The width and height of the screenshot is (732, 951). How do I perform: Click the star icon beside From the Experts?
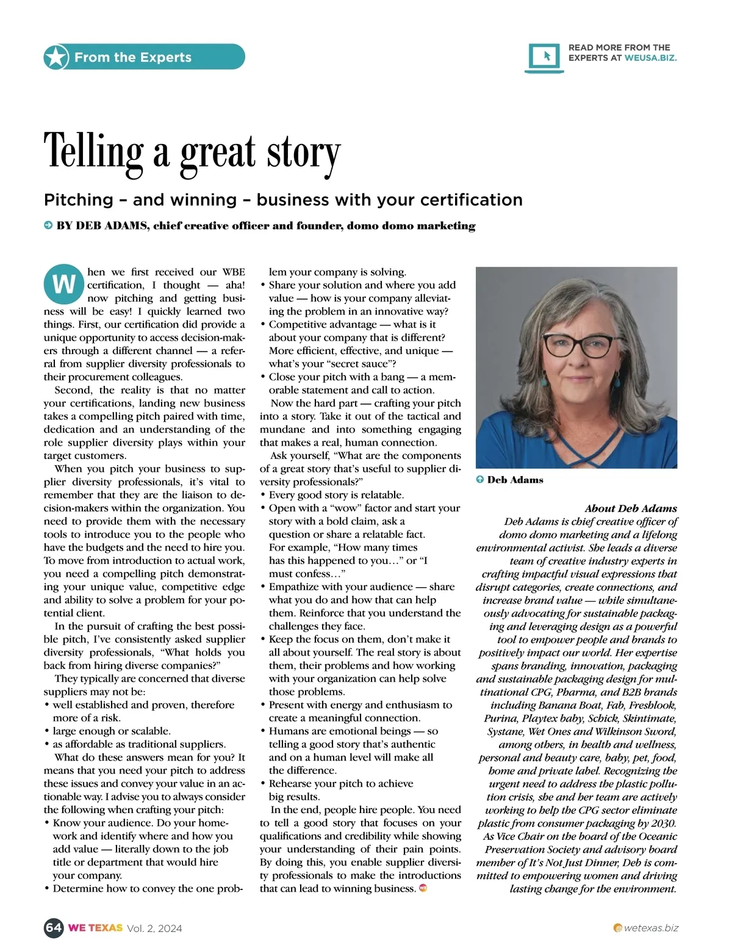coord(56,57)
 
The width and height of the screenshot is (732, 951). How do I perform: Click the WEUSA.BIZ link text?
coord(650,58)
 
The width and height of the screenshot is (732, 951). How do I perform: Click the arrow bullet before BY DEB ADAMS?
coord(48,226)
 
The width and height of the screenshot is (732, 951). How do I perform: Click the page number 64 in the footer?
coord(53,928)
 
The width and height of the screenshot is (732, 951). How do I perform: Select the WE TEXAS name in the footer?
coord(95,928)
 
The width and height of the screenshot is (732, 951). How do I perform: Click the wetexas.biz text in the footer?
coord(651,928)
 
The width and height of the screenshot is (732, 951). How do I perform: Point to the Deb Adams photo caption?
coord(515,480)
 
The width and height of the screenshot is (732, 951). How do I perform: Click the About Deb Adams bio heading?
coord(631,508)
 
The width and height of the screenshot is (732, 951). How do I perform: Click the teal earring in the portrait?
coord(544,383)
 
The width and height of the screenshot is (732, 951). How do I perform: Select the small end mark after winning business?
coord(423,888)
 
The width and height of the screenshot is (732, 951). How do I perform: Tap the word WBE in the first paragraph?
coord(233,272)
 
